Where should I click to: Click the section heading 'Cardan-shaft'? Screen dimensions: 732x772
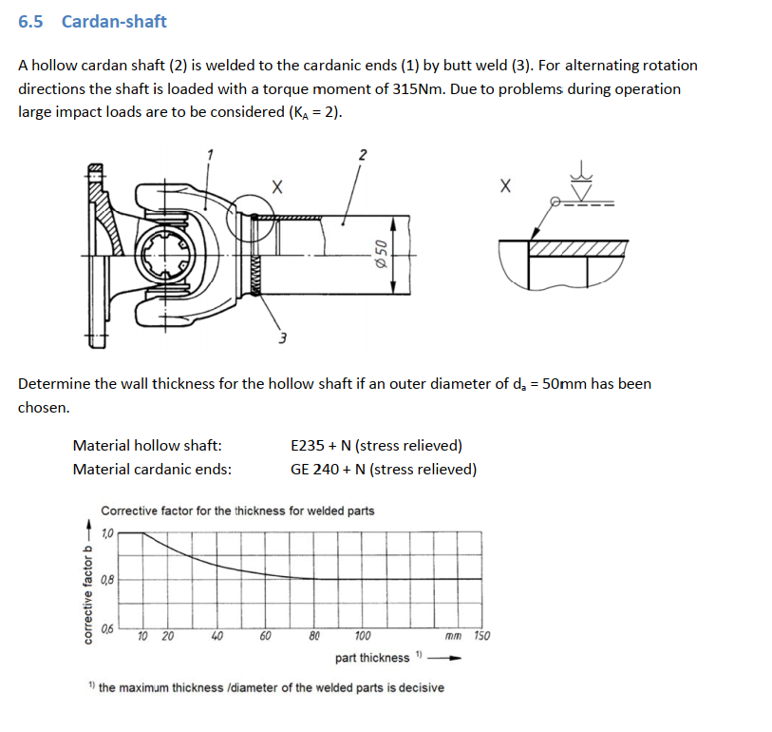[114, 21]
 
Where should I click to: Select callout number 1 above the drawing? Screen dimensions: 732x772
[210, 154]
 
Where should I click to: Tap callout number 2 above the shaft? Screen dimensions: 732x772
[362, 154]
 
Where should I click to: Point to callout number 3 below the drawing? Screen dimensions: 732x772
[282, 338]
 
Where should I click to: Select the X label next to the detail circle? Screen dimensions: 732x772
[276, 186]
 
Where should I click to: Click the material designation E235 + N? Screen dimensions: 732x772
[376, 445]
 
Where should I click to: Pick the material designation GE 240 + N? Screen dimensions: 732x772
[384, 469]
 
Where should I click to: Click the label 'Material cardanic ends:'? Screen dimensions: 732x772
[152, 469]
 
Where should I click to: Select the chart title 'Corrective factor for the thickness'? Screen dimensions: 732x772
[237, 510]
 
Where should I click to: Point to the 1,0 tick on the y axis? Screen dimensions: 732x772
[106, 533]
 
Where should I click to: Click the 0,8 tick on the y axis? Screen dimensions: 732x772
[106, 580]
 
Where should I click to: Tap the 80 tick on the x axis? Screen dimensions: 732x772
[314, 636]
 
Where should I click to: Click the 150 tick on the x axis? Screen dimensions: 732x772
[481, 636]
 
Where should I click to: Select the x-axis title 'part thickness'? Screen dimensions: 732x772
[371, 658]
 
